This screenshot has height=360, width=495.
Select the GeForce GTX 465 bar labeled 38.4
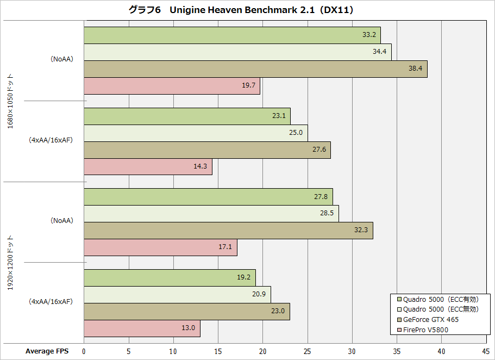point(255,69)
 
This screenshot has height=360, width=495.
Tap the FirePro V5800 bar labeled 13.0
point(142,328)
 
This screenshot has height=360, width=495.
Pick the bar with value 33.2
point(232,35)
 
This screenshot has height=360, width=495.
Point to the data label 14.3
point(200,166)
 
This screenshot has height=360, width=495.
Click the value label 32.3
point(361,231)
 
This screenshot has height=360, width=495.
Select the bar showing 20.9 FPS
point(177,295)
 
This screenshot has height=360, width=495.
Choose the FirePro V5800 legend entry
point(426,330)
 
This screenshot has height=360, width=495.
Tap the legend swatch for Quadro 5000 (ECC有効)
point(399,299)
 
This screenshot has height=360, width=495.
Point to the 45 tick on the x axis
point(486,351)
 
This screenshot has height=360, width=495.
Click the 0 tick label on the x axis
point(84,351)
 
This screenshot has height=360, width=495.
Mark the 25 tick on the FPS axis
point(307,351)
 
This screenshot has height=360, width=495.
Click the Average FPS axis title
point(47,351)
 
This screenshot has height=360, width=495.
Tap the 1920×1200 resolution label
point(10,262)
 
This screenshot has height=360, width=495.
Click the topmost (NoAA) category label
point(61,60)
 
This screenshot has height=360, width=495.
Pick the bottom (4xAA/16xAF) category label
point(51,301)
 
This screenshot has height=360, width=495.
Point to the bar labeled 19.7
point(172,86)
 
